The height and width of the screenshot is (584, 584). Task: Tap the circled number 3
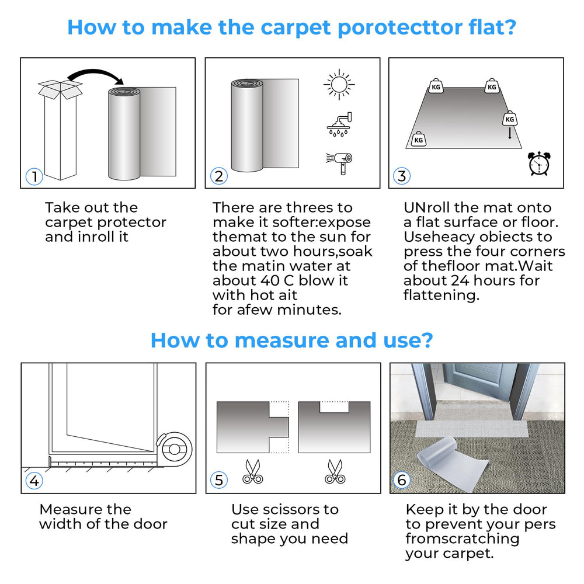click(x=402, y=176)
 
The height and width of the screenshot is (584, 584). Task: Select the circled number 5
click(x=218, y=480)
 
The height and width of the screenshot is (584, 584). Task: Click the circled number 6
click(x=402, y=480)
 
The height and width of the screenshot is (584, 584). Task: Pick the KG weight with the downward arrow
click(x=510, y=119)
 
